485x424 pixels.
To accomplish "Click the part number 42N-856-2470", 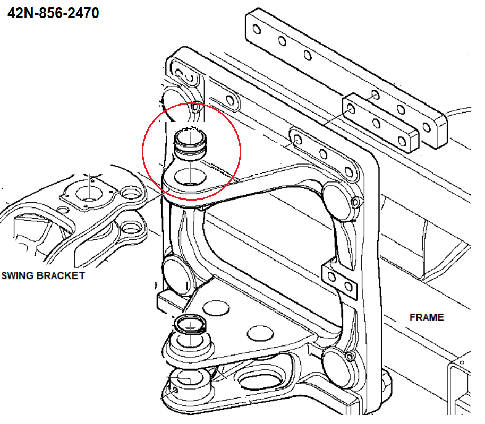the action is click(x=53, y=13).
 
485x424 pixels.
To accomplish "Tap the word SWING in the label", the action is click(x=18, y=275).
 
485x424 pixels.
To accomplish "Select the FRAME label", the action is click(x=427, y=317).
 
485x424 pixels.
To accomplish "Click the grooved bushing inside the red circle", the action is click(x=190, y=144).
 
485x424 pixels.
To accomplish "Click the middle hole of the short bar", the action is click(x=377, y=124).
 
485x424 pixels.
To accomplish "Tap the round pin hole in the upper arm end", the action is click(x=190, y=177).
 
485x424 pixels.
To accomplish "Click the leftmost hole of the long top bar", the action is click(x=257, y=30).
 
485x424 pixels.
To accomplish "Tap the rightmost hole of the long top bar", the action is click(x=427, y=127).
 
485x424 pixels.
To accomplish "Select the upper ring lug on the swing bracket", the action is click(x=131, y=194).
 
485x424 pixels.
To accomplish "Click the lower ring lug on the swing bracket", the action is click(x=131, y=228).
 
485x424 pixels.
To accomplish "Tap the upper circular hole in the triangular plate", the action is click(x=216, y=309).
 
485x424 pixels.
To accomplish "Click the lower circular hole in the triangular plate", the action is click(x=260, y=333).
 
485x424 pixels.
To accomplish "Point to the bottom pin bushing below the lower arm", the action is click(x=190, y=380).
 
